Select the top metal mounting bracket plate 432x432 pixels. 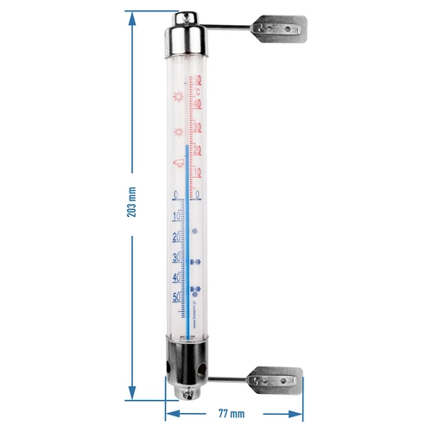282,29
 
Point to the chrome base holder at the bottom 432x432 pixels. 185,367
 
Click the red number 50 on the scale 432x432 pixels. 198,82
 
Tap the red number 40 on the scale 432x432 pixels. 198,104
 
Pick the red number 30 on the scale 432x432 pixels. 198,127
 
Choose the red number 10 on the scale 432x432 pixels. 198,172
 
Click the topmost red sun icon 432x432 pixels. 178,96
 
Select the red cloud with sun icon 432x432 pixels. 177,162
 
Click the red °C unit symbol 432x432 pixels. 198,92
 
